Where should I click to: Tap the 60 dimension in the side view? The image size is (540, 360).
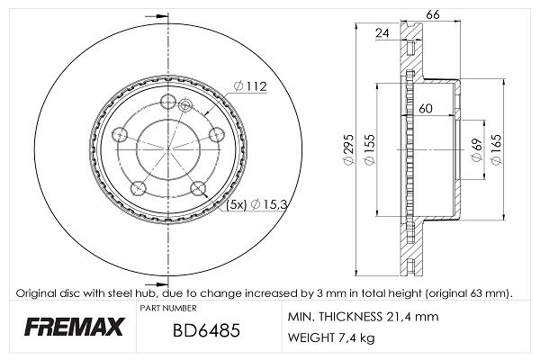pyautogui.click(x=427, y=109)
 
